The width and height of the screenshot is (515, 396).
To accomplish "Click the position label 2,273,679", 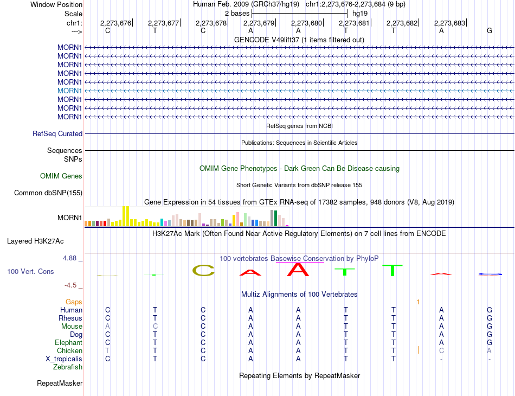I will pyautogui.click(x=259, y=23).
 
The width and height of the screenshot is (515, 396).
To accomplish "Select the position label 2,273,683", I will pyautogui.click(x=449, y=23).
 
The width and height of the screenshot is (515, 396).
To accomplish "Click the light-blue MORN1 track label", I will pyautogui.click(x=69, y=91).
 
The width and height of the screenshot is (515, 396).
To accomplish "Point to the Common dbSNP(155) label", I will pyautogui.click(x=48, y=193).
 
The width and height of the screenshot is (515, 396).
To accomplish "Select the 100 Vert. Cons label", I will pyautogui.click(x=30, y=271).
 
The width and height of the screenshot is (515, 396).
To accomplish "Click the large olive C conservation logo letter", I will pyautogui.click(x=203, y=270).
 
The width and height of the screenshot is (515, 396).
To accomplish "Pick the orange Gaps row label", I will pyautogui.click(x=74, y=302).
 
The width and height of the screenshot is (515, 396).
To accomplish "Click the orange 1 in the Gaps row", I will pyautogui.click(x=418, y=302).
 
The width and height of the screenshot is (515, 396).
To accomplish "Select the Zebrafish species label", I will pyautogui.click(x=68, y=367).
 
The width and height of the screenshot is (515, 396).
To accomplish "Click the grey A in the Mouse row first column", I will pyautogui.click(x=107, y=326).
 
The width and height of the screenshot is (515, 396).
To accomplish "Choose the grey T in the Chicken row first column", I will pyautogui.click(x=107, y=350).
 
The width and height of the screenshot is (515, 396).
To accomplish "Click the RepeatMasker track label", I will pyautogui.click(x=60, y=384).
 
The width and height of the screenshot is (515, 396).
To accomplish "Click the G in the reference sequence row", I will pyautogui.click(x=490, y=30).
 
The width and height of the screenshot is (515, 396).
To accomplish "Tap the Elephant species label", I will pyautogui.click(x=68, y=342).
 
